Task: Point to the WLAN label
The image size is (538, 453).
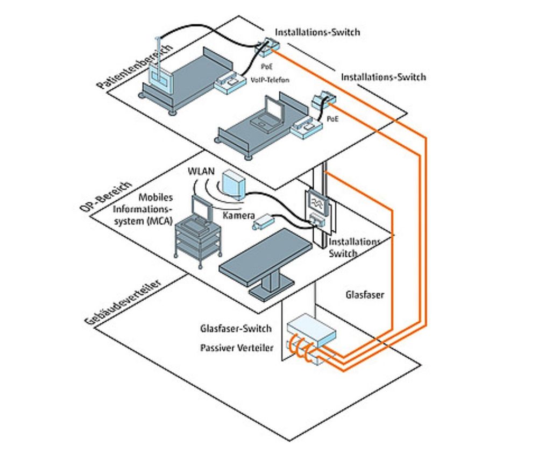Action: click(201, 172)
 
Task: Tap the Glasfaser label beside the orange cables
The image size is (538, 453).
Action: click(364, 295)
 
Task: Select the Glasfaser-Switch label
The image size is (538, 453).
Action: click(236, 328)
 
